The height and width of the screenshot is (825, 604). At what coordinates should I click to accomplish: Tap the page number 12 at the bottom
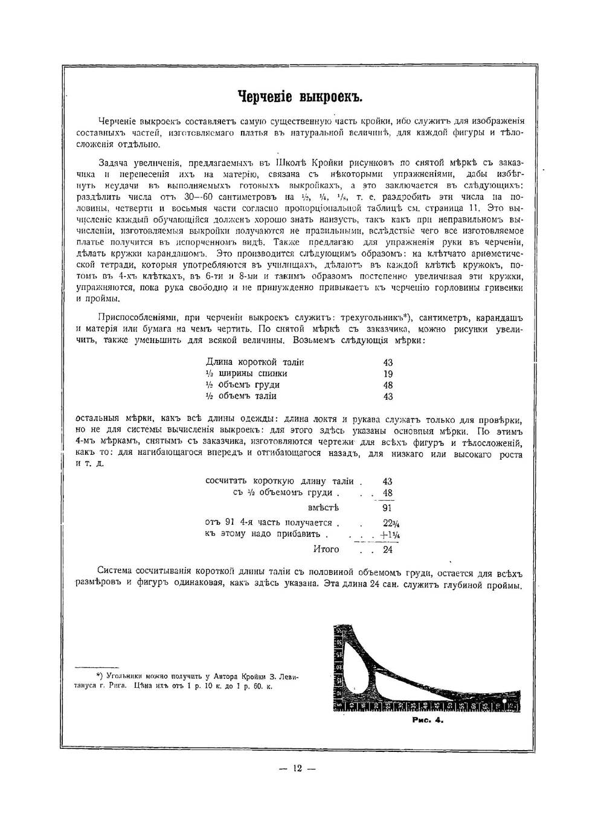(297, 769)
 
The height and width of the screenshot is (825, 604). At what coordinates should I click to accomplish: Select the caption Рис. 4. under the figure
(427, 721)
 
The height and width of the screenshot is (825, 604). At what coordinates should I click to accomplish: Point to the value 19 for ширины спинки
(388, 374)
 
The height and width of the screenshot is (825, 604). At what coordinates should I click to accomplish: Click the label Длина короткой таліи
(255, 362)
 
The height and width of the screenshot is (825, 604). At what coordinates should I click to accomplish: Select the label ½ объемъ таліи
(241, 396)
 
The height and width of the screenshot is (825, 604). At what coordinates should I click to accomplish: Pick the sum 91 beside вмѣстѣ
(387, 508)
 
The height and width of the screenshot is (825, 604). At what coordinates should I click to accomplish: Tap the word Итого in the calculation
(326, 550)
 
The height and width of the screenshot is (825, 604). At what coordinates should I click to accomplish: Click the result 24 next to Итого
(387, 550)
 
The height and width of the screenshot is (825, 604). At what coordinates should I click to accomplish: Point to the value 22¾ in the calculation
(388, 523)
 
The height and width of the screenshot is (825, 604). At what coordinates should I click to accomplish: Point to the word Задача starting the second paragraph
(114, 162)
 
